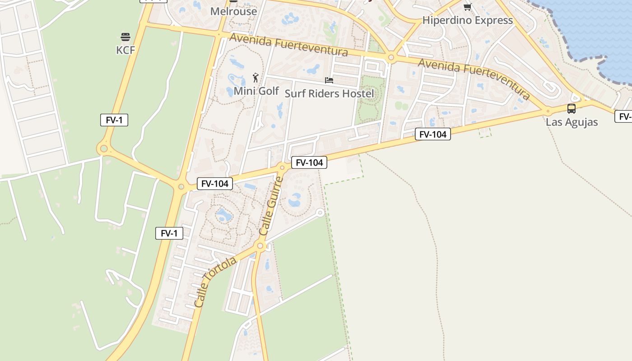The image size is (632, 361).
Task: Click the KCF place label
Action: point(125,50)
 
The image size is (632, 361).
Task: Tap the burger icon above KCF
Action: point(125,37)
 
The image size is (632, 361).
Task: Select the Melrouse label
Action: point(233,11)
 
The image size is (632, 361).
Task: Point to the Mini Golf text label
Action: point(256,91)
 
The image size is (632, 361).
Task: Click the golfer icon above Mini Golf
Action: point(256,78)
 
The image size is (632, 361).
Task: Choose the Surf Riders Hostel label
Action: point(329,93)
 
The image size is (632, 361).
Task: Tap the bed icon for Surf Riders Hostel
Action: point(329,80)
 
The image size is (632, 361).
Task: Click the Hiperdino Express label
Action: point(467,20)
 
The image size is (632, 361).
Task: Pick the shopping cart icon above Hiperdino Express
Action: point(467,7)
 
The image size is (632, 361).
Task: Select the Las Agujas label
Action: point(572,122)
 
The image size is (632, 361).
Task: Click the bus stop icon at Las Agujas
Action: point(572,109)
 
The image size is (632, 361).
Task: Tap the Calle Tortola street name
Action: point(215,282)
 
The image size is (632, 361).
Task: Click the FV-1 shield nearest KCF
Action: point(114,120)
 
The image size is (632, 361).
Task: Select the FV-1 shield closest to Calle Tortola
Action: point(169,233)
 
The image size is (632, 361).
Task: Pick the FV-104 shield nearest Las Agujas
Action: point(433,134)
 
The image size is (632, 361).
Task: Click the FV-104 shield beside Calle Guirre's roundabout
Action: point(309,162)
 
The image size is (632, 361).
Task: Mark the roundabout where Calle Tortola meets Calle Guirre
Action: point(260,246)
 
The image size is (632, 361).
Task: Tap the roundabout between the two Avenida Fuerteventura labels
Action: point(391,57)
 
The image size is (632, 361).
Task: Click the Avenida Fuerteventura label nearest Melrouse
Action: point(289,45)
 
